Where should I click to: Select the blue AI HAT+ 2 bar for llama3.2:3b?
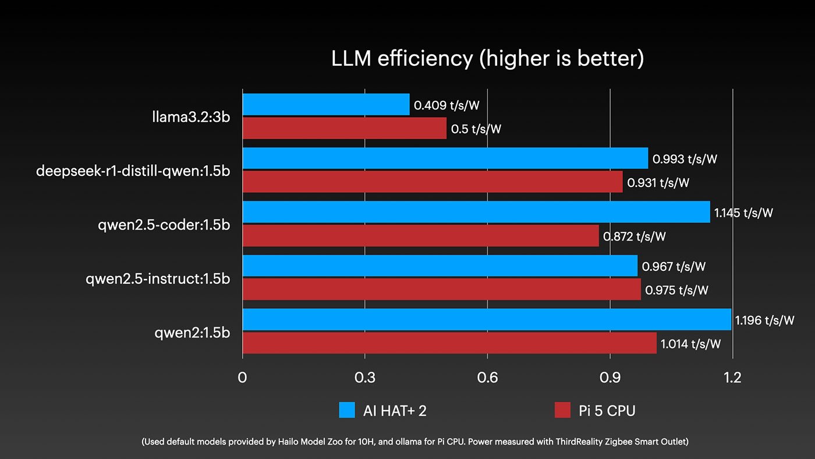coord(325,104)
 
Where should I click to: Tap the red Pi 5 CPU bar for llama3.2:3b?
coord(344,128)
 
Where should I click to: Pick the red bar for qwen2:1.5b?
coord(449,343)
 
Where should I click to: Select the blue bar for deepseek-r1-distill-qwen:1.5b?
coord(445,158)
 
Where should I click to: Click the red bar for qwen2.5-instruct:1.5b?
coord(441,289)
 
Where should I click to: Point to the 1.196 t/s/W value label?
coord(764,320)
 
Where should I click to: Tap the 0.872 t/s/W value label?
coord(635,236)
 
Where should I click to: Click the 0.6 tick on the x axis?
coord(487,377)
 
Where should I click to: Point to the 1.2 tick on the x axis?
coord(732,377)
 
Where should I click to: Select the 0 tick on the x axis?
coord(242,377)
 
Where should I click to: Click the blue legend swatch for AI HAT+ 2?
coord(346,410)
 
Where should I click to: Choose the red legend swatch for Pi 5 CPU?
coord(562,410)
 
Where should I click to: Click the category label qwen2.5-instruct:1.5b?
coord(158,279)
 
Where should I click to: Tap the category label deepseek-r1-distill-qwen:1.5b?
coord(133,171)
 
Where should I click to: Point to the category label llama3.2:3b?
coord(191,117)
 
